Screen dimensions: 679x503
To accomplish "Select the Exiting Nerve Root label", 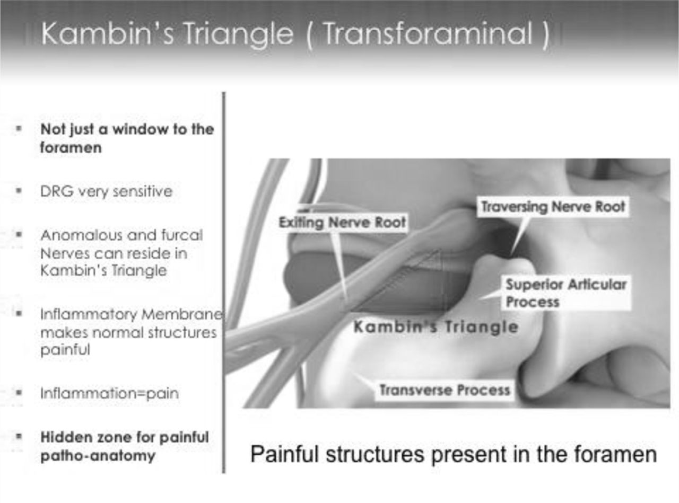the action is click(x=342, y=222).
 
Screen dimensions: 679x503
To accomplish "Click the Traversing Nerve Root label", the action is click(x=553, y=207).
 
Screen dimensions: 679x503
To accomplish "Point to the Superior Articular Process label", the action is click(x=565, y=293).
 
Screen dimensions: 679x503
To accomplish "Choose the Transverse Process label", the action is click(x=445, y=390).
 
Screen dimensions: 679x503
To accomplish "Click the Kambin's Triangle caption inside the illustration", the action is click(x=436, y=327).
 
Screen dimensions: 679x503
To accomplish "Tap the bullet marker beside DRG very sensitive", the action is click(x=19, y=191).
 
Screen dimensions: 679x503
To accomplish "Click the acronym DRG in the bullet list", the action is click(x=57, y=191).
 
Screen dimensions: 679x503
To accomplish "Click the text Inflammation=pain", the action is click(x=110, y=393).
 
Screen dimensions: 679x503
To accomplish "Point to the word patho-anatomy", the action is click(x=98, y=456).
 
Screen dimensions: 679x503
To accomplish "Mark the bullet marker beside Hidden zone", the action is click(x=19, y=436).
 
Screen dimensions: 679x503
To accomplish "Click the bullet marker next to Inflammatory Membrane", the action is click(x=19, y=314).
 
